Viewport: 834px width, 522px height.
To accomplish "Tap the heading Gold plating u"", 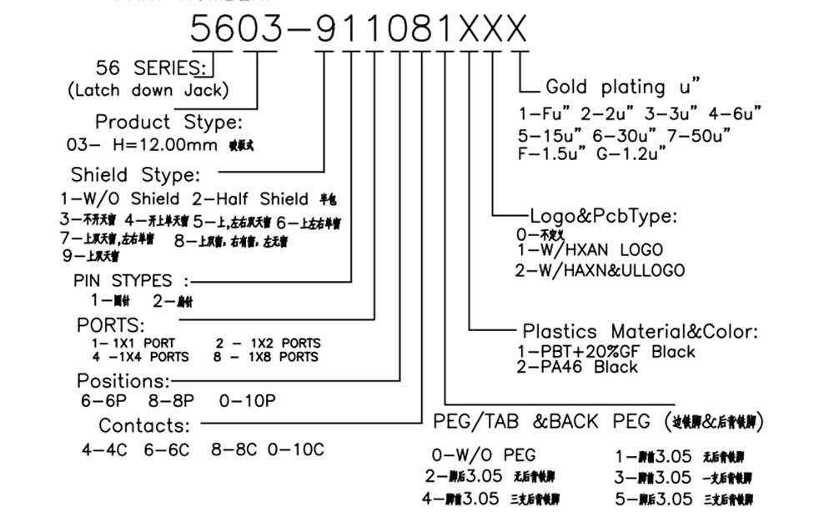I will [x=622, y=87].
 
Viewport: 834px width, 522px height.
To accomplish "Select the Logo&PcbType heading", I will [x=604, y=217].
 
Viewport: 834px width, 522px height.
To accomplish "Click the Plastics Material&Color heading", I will [x=641, y=332].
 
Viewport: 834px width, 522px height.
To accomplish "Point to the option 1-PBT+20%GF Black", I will [x=606, y=352].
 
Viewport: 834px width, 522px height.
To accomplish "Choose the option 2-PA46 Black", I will [x=577, y=367].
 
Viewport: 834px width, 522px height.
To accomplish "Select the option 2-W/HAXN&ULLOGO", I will [x=600, y=270].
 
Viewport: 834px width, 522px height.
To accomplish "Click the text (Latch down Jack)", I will [x=148, y=90].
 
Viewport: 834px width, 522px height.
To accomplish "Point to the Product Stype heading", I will [x=168, y=123].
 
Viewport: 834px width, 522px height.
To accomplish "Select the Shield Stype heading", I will [x=136, y=175].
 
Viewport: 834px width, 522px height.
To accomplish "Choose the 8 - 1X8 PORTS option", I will [x=267, y=357].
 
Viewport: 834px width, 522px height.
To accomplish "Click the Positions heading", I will [x=123, y=381].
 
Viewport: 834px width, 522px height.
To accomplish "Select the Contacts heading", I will [x=144, y=425].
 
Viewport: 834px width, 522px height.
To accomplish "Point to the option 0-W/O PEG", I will [x=483, y=455].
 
